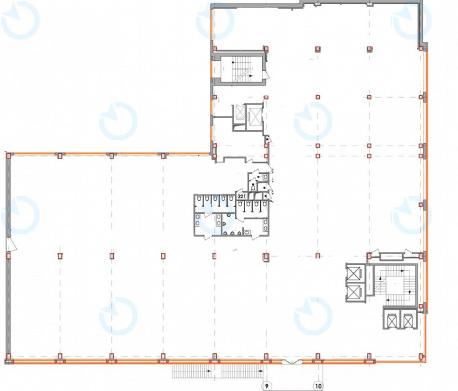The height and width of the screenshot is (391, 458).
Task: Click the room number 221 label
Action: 242,196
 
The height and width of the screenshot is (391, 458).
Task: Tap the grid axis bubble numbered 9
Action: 267,386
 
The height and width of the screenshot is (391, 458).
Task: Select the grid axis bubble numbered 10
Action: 319,386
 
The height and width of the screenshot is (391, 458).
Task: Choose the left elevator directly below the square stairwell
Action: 392,319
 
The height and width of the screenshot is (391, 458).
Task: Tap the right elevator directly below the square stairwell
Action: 408,319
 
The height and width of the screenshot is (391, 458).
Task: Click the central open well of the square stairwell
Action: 395,284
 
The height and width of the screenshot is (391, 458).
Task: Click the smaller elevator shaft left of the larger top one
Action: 240,113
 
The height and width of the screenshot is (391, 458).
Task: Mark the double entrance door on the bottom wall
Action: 292,362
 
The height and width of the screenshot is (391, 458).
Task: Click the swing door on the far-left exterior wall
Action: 11,245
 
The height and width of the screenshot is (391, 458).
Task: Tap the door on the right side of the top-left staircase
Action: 266,75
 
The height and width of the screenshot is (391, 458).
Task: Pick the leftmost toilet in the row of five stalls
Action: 199,199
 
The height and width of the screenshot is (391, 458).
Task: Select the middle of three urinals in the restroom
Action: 232,233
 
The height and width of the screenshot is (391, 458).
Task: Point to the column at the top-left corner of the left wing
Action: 9,156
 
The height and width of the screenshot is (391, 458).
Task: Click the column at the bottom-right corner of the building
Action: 421,356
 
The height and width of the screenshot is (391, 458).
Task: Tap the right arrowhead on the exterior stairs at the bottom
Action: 262,371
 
